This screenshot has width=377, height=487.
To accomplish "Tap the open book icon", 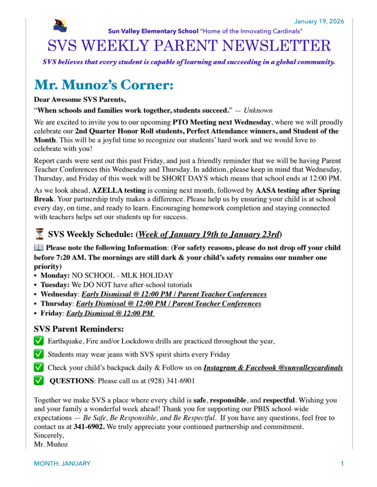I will pos(39,248).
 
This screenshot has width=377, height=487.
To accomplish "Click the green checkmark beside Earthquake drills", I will pos(39,341).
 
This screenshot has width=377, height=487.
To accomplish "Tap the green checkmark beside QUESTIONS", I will pos(39,381).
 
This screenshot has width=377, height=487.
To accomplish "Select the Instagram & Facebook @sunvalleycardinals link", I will pos(273,368).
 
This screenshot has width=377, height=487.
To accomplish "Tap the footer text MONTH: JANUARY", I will pos(62,463).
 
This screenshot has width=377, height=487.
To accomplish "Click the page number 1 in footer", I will pos(342,463).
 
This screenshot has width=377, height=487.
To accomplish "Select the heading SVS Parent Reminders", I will pos(79,329).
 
